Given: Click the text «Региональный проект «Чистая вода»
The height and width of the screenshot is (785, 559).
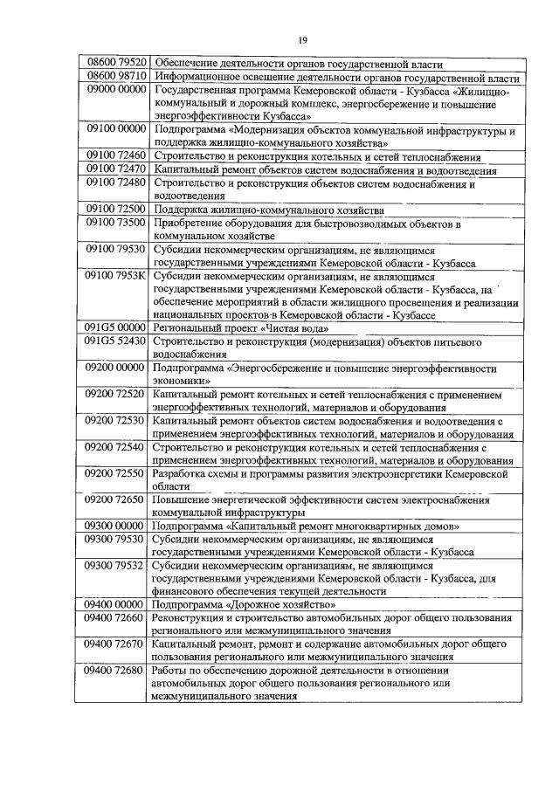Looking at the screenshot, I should [241, 327].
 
